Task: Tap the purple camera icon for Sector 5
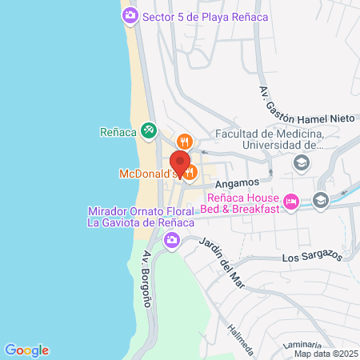click(x=130, y=15)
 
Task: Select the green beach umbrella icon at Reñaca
click(x=148, y=130)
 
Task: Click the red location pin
click(x=180, y=163)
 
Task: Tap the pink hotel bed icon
click(x=292, y=203)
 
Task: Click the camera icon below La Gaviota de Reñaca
click(x=171, y=239)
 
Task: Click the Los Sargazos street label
click(x=311, y=258)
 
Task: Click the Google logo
click(x=26, y=350)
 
